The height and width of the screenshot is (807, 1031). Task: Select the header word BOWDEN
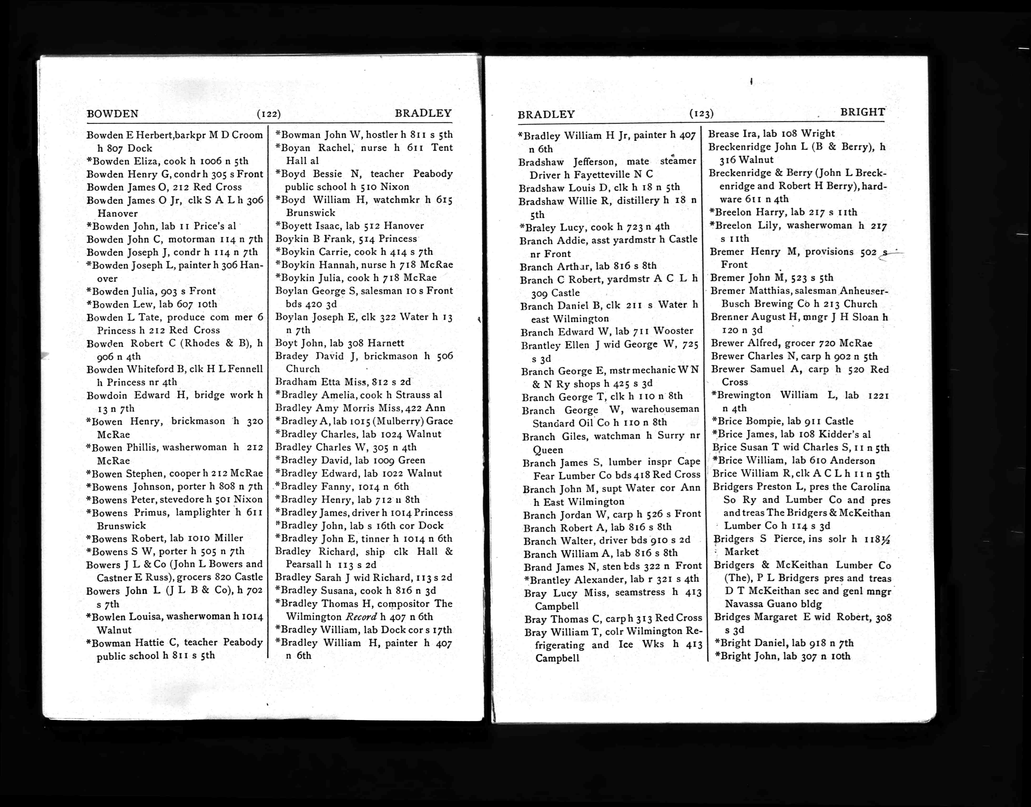pos(112,114)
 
